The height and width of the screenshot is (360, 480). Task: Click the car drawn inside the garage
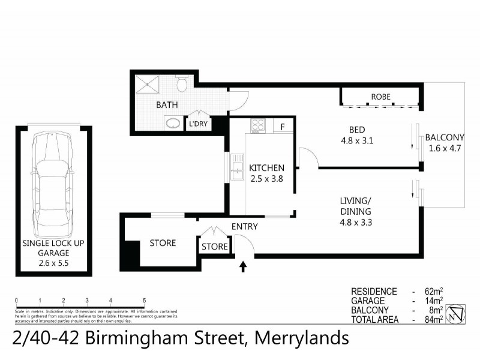tap(53, 183)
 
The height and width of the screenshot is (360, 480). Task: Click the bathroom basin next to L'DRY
tap(173, 124)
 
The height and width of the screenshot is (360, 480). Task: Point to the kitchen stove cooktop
tap(258, 125)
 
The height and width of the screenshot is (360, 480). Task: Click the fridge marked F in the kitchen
tap(281, 127)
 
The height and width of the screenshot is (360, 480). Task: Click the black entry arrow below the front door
tap(243, 266)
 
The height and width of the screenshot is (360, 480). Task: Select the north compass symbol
tap(458, 313)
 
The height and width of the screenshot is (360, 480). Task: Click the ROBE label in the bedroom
tap(380, 97)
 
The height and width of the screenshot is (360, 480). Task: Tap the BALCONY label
tap(445, 137)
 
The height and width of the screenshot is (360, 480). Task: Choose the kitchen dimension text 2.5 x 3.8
tap(266, 178)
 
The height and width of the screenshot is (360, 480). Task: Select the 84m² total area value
tap(433, 320)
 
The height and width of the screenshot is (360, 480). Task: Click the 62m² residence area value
tap(433, 291)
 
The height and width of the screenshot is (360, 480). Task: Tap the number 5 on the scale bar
tap(145, 300)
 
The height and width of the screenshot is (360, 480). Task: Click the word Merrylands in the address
tap(302, 338)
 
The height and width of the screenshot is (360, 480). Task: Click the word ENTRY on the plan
tap(244, 226)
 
